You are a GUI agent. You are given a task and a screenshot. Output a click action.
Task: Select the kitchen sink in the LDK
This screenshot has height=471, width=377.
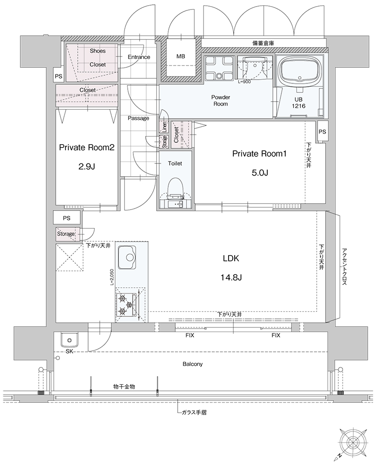click(x=126, y=258)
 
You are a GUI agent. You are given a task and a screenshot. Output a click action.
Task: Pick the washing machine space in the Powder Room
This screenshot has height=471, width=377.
click(x=218, y=68)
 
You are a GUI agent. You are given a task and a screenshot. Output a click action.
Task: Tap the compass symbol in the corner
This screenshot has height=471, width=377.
click(x=352, y=442)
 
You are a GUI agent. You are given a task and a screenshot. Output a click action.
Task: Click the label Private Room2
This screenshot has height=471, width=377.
click(x=87, y=147)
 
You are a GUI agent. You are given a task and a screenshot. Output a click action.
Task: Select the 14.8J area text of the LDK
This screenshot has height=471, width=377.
click(x=231, y=277)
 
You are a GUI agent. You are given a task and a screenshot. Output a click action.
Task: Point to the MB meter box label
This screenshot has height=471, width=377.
click(x=180, y=56)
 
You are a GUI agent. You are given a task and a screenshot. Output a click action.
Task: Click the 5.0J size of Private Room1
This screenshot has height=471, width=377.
click(x=259, y=172)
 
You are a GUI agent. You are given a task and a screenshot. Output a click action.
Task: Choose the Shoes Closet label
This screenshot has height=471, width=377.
click(x=98, y=57)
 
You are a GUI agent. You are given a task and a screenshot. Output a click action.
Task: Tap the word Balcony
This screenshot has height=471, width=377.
click(x=193, y=364)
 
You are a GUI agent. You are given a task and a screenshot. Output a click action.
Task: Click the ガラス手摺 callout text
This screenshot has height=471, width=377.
click(x=194, y=413)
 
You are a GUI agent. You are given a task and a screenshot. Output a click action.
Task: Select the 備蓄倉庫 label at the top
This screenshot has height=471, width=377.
click(x=263, y=43)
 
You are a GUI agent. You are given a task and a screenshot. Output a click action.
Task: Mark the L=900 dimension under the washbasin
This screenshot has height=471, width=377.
click(x=244, y=81)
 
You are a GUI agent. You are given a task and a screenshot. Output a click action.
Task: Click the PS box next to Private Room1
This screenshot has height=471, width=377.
click(x=322, y=132)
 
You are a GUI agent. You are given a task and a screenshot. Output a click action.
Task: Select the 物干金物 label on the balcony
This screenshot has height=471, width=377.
click(x=124, y=387)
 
